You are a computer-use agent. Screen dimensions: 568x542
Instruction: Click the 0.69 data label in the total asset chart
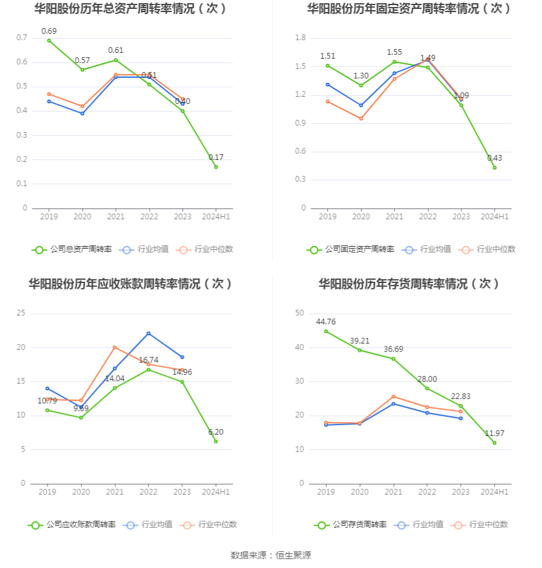(x=49, y=31)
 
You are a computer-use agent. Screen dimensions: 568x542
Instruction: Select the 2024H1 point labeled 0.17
(x=216, y=167)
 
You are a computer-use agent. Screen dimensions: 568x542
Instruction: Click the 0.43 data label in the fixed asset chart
(x=494, y=158)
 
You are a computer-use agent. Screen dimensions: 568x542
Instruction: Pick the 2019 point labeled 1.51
(x=328, y=66)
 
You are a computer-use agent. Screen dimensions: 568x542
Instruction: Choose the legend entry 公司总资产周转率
(x=72, y=249)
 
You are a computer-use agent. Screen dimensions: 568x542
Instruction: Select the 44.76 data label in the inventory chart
(x=326, y=322)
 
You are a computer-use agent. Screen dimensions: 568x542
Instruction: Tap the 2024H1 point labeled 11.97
(x=494, y=443)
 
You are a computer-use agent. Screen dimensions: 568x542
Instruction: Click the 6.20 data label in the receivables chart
(x=216, y=432)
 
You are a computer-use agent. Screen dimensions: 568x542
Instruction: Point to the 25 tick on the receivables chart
(x=21, y=313)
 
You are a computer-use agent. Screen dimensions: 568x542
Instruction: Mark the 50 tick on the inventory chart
(x=299, y=313)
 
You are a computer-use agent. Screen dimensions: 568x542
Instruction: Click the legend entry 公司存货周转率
(x=351, y=525)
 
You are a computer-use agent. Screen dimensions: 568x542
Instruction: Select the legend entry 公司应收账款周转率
(x=72, y=525)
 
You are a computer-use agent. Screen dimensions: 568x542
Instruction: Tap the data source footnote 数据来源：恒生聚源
(x=271, y=555)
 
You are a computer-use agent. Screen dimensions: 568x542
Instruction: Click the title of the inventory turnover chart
(x=409, y=284)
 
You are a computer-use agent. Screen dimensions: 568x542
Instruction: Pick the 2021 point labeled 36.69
(x=393, y=359)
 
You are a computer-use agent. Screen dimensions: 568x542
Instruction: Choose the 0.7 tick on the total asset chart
(x=22, y=38)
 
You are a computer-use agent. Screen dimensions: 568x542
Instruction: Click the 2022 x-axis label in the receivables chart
(x=149, y=492)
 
